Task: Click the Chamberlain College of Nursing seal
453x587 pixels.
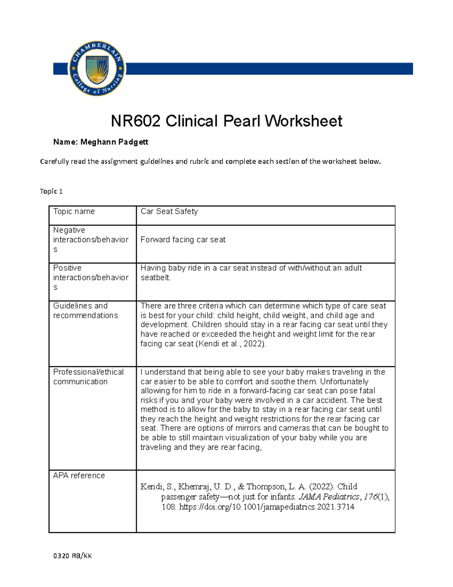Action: (97, 68)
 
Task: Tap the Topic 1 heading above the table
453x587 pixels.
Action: (51, 191)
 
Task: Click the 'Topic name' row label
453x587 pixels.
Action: (74, 211)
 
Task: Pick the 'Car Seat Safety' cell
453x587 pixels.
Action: (169, 211)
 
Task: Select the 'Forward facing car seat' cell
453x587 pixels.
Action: (183, 240)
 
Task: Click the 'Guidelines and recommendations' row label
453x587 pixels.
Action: (85, 310)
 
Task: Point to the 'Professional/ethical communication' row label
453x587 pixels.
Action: (88, 376)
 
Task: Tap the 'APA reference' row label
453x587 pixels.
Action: (79, 475)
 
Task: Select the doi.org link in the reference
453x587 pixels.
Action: (267, 507)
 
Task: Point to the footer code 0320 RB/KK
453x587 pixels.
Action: (72, 556)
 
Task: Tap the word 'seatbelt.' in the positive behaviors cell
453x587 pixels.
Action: (156, 277)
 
